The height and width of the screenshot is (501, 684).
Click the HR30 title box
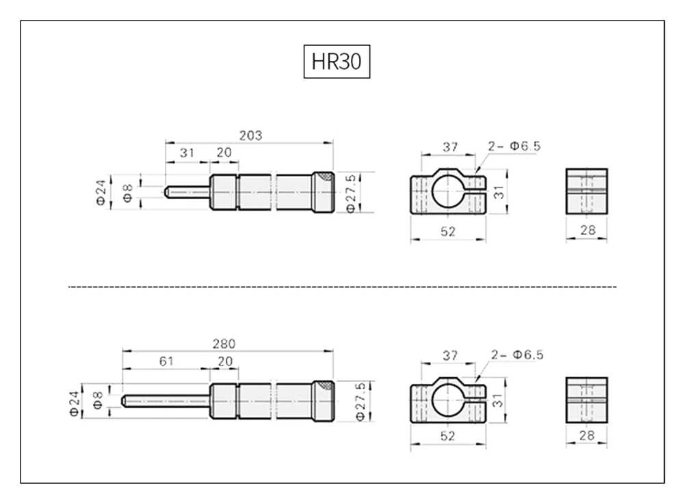click(x=337, y=62)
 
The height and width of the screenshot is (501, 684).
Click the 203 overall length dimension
click(x=251, y=136)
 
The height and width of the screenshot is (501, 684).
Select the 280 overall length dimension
click(x=224, y=344)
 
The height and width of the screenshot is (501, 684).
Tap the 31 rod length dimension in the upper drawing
click(x=187, y=153)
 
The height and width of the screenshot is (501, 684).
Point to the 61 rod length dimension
click(x=166, y=361)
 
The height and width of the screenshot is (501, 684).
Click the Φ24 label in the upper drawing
click(x=101, y=192)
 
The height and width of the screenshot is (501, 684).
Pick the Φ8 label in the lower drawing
click(x=98, y=400)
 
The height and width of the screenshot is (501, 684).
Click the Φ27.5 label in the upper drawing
click(x=351, y=193)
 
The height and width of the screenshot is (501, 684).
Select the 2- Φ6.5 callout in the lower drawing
click(x=517, y=355)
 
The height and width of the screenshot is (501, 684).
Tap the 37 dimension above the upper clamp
click(x=450, y=147)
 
